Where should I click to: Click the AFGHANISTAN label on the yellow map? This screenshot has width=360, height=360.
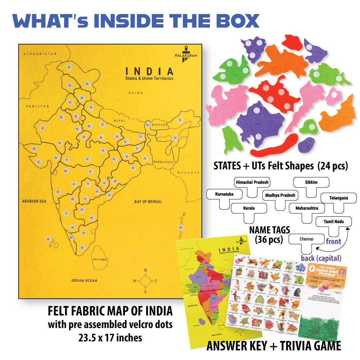[40, 54]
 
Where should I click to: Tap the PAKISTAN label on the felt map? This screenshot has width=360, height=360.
[37, 107]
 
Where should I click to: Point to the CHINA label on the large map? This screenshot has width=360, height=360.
[136, 93]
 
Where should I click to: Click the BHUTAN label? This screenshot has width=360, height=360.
[159, 125]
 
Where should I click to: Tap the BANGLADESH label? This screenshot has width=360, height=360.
[163, 162]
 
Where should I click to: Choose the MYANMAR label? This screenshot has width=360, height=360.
[188, 173]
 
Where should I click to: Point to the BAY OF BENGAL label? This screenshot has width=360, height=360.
[148, 202]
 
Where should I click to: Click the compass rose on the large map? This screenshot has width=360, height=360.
[145, 280]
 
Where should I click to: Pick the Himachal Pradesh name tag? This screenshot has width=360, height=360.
[252, 183]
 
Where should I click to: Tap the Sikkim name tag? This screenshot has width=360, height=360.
[311, 183]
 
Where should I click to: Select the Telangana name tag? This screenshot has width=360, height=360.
[338, 198]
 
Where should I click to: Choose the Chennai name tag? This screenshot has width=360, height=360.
[306, 239]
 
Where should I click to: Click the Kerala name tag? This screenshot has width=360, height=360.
[249, 208]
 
